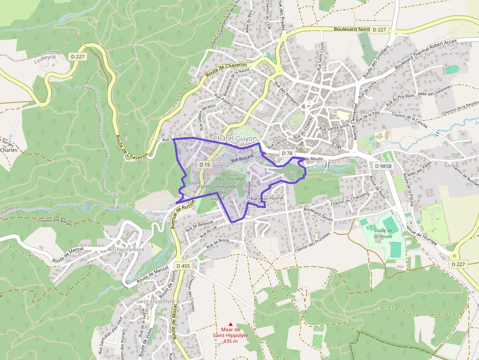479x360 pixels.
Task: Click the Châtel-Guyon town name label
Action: (x=235, y=139)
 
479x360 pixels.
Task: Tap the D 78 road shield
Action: (x=287, y=153)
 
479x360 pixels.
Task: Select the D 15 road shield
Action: (x=205, y=165)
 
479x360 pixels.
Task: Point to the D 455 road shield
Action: (x=183, y=266)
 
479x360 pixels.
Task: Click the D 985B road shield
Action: (x=383, y=166)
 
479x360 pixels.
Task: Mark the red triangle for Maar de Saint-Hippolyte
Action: (x=231, y=324)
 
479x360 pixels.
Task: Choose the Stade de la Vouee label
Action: (x=383, y=233)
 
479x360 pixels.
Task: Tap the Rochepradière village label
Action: (x=126, y=249)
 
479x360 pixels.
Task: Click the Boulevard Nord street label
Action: (x=351, y=29)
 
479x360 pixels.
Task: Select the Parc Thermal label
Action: (x=230, y=179)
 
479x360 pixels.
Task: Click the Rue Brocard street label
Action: (x=242, y=158)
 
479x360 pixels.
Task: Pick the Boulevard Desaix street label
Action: (x=318, y=215)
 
